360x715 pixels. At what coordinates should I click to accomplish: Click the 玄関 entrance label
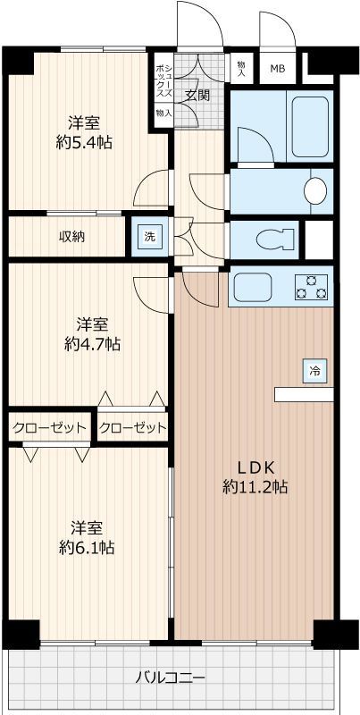pyautogui.click(x=197, y=94)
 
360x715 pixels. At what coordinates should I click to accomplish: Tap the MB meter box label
pyautogui.click(x=278, y=69)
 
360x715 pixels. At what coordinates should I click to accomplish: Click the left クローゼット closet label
pyautogui.click(x=50, y=427)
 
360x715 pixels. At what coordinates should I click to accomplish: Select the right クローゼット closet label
pyautogui.click(x=133, y=427)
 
